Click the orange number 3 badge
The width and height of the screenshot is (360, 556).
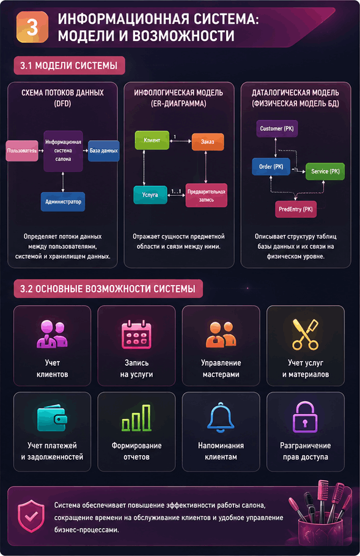tap(32, 27)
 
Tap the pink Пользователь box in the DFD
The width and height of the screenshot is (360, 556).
tap(22, 150)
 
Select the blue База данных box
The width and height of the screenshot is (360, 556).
tap(103, 150)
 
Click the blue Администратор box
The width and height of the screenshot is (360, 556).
tap(63, 202)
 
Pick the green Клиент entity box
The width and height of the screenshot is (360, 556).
tap(152, 141)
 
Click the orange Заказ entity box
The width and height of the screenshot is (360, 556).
tap(208, 142)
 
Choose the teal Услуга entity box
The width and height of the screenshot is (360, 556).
tap(150, 195)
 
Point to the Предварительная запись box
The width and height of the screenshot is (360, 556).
tap(206, 195)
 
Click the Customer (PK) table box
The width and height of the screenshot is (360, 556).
tap(277, 128)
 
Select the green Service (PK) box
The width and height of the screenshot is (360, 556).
tap(325, 171)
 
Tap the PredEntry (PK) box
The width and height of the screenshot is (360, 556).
tap(296, 209)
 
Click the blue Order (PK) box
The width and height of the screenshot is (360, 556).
tap(271, 166)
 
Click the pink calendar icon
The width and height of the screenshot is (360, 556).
tap(136, 335)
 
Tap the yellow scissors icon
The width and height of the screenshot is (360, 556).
tap(306, 335)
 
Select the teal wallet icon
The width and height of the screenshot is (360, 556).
tap(52, 419)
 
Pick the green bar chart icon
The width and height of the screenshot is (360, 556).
tap(136, 418)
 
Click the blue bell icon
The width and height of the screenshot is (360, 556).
tap(221, 417)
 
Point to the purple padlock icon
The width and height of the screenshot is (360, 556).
tap(305, 417)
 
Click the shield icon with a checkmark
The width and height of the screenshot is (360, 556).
tap(31, 516)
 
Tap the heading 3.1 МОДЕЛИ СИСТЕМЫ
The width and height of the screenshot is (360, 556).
tap(69, 65)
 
